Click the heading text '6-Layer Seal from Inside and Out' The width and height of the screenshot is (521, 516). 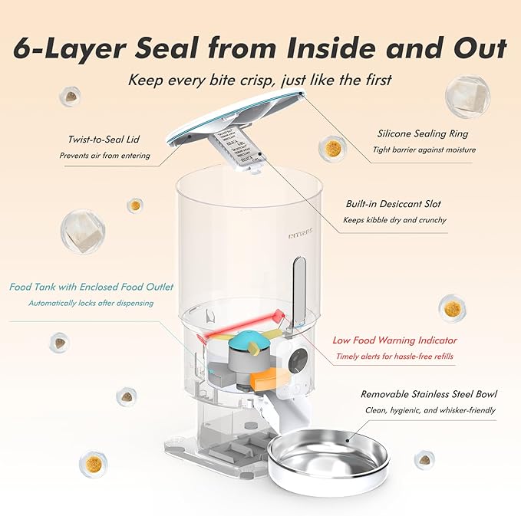(x=260, y=48)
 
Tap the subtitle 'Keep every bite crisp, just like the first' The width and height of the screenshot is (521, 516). (x=260, y=80)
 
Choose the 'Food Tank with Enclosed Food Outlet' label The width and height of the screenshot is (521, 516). (x=91, y=287)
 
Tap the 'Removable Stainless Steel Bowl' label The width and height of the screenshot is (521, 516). (x=429, y=394)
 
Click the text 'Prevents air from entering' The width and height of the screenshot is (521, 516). (x=104, y=156)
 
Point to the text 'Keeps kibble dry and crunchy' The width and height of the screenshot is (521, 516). (x=395, y=220)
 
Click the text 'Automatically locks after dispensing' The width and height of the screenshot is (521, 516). (x=91, y=303)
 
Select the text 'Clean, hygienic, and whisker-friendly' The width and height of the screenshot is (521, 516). (x=429, y=410)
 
